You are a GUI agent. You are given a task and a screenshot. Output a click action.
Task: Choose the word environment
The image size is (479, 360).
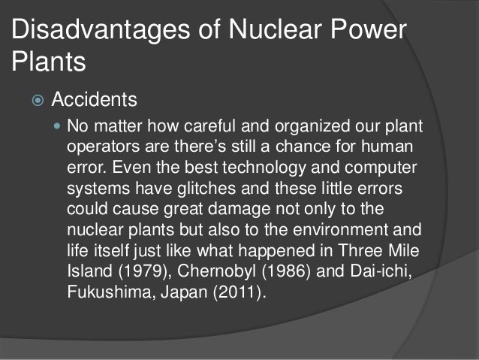tap(344, 225)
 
